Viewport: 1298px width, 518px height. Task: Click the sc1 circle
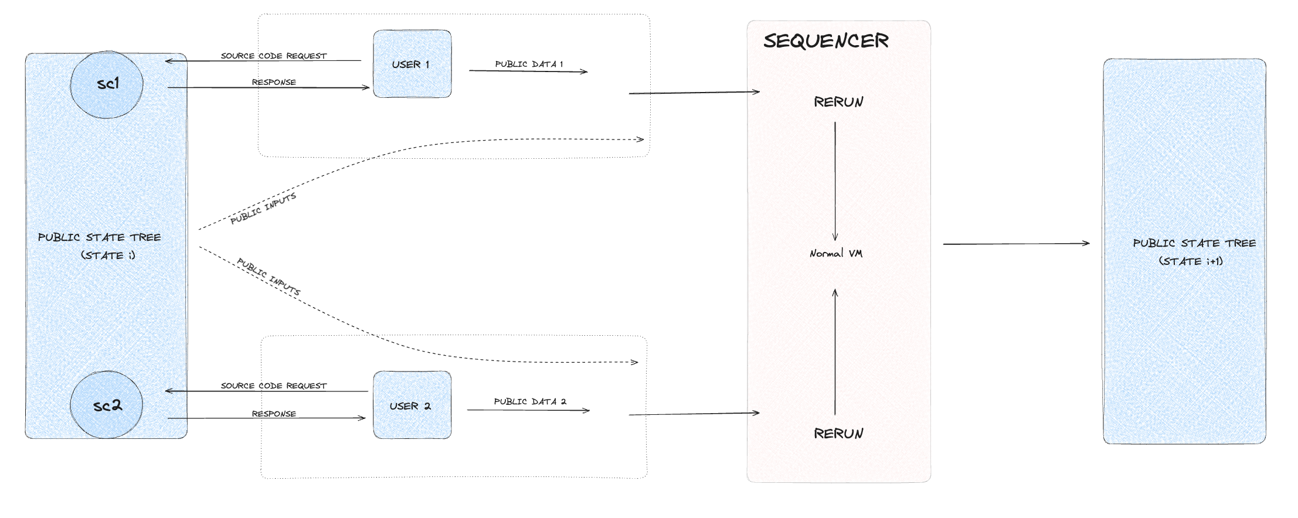pyautogui.click(x=107, y=84)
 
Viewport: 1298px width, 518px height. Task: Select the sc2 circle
pyautogui.click(x=107, y=405)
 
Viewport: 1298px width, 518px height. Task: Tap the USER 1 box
pyautogui.click(x=412, y=64)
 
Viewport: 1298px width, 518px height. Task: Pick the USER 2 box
pyautogui.click(x=412, y=405)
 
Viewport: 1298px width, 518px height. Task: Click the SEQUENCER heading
pyautogui.click(x=825, y=41)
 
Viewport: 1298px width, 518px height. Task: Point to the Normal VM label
pyautogui.click(x=835, y=254)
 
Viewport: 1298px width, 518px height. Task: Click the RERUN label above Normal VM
pyautogui.click(x=838, y=102)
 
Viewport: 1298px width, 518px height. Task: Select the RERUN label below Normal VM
pyautogui.click(x=838, y=434)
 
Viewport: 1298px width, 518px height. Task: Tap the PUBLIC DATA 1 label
pyautogui.click(x=529, y=64)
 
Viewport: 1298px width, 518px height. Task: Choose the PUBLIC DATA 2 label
pyautogui.click(x=530, y=401)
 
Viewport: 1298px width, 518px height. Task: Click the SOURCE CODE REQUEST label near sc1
pyautogui.click(x=274, y=56)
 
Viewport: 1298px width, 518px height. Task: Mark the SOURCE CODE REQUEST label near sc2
pyautogui.click(x=274, y=386)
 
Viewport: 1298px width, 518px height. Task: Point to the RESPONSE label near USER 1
pyautogui.click(x=274, y=82)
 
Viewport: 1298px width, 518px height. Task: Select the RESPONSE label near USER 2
pyautogui.click(x=274, y=414)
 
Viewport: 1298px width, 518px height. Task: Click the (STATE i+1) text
pyautogui.click(x=1191, y=261)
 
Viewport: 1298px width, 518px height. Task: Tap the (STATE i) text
pyautogui.click(x=108, y=255)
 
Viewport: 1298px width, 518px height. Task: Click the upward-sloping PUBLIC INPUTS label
pyautogui.click(x=263, y=209)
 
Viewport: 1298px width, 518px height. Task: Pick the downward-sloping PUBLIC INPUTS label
pyautogui.click(x=269, y=277)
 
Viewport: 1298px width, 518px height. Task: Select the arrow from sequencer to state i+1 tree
pyautogui.click(x=1016, y=244)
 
